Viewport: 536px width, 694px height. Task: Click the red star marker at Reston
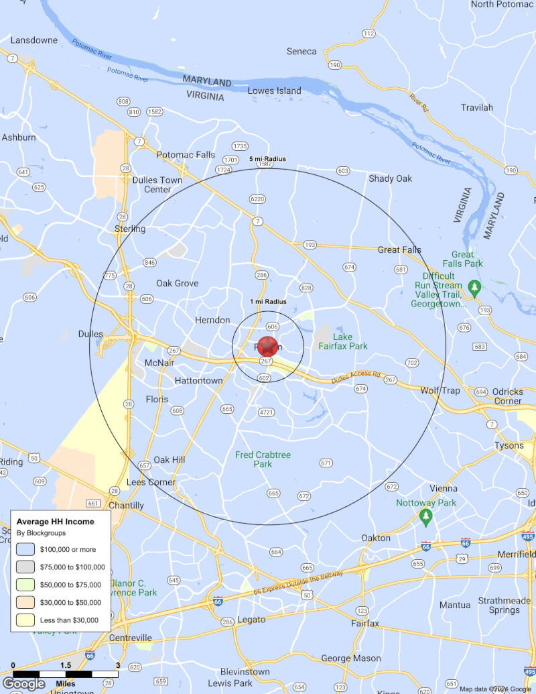click(x=267, y=346)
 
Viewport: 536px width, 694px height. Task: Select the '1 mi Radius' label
click(x=268, y=302)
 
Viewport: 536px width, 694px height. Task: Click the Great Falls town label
click(x=399, y=250)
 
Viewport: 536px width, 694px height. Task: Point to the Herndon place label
click(x=212, y=321)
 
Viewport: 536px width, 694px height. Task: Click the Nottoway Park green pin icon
click(x=425, y=518)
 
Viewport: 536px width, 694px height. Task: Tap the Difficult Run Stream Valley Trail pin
click(x=474, y=289)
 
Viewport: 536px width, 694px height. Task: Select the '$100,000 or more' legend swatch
click(x=25, y=549)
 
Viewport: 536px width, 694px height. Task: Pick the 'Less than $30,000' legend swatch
click(x=25, y=620)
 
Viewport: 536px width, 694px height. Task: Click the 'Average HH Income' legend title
click(x=55, y=521)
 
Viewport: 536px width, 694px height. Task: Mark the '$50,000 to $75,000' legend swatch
click(x=25, y=585)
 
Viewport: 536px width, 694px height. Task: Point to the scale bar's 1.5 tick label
click(x=66, y=665)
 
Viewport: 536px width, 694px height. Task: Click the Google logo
click(x=24, y=684)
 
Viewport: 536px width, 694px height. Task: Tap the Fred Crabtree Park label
click(x=263, y=459)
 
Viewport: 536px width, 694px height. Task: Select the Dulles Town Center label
click(x=157, y=184)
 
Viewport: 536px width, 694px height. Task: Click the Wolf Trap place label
click(x=440, y=390)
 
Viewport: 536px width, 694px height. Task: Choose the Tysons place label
click(x=509, y=445)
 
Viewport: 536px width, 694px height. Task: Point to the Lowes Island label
click(x=275, y=91)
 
